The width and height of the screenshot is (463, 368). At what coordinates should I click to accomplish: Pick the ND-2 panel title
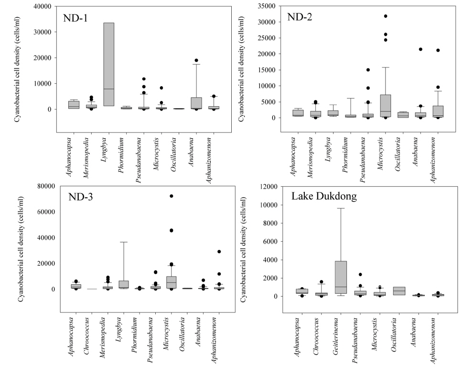point(300,17)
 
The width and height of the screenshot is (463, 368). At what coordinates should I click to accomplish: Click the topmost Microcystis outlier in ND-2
point(386,16)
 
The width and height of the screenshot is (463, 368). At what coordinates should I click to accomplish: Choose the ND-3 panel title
point(81,197)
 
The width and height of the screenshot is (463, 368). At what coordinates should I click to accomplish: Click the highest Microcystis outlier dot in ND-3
point(171,196)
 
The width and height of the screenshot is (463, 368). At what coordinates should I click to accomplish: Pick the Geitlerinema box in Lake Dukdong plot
point(340,277)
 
